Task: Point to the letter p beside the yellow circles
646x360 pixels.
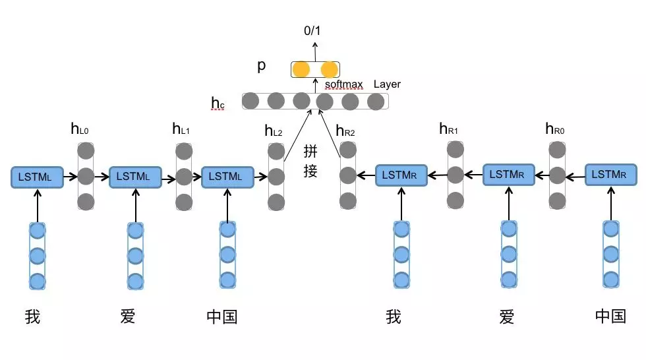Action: (x=262, y=67)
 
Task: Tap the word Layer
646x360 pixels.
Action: (x=387, y=84)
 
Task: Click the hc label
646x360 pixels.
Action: (x=218, y=102)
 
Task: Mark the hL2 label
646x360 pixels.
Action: (x=274, y=131)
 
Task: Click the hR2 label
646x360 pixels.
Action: (x=345, y=131)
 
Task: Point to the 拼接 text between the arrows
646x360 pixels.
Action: (x=310, y=162)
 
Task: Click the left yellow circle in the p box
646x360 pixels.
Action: (x=301, y=69)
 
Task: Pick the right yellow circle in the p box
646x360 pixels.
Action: (x=329, y=69)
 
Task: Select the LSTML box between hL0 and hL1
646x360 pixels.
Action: (x=134, y=176)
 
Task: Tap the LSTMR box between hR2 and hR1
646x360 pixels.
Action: (x=401, y=175)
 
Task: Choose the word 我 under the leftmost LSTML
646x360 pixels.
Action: (x=32, y=317)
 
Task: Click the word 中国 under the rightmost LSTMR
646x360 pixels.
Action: (x=610, y=317)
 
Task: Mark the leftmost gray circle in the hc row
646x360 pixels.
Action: (x=250, y=101)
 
